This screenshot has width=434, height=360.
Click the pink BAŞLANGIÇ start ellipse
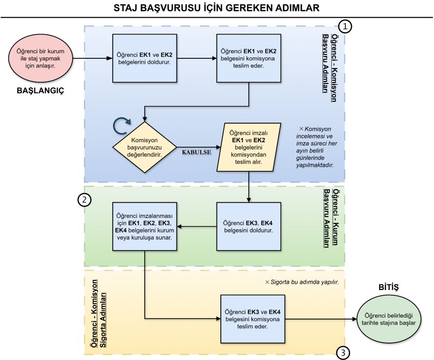click(x=41, y=58)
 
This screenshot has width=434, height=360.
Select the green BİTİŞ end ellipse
click(x=389, y=319)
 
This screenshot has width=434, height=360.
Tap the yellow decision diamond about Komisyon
click(x=145, y=147)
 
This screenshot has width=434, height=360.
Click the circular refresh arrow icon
click(x=122, y=126)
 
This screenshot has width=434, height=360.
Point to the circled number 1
click(x=345, y=27)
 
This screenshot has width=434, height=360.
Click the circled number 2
click(x=84, y=200)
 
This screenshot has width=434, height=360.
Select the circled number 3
click(x=343, y=353)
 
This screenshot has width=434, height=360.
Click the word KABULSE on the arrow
click(x=197, y=152)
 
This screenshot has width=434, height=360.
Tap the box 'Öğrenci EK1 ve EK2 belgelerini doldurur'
click(x=145, y=58)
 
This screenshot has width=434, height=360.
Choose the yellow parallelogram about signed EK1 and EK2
click(x=248, y=147)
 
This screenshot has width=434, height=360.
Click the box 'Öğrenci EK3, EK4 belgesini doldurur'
click(x=248, y=226)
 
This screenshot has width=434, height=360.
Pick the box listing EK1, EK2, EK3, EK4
click(x=145, y=226)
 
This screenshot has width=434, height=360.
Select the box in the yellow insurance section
click(x=253, y=319)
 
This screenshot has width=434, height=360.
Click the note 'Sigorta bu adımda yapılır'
click(x=302, y=282)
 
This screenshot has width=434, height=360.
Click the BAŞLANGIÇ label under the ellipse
click(x=41, y=91)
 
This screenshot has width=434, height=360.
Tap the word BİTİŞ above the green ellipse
click(x=389, y=287)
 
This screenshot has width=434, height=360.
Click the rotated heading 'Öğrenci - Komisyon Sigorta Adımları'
click(x=98, y=314)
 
